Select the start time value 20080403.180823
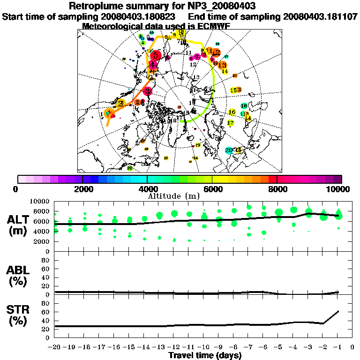click(140, 16)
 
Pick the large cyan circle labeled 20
click(229, 150)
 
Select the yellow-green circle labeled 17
click(230, 123)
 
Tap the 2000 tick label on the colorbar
click(82, 189)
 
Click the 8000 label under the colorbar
click(277, 189)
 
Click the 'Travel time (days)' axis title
click(205, 356)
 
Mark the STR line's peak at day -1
click(338, 311)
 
